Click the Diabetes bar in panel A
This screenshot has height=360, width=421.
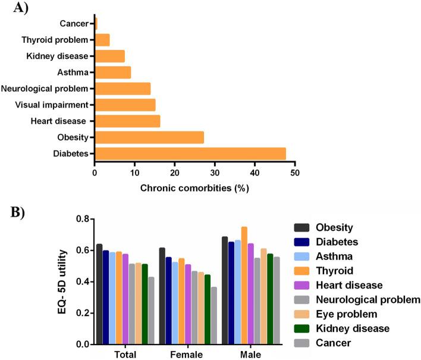click(x=190, y=154)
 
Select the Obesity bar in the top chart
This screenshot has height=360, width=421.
click(x=149, y=137)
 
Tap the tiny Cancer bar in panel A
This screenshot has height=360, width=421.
click(x=96, y=24)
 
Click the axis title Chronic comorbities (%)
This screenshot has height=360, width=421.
click(x=194, y=188)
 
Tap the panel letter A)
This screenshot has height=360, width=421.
click(x=13, y=8)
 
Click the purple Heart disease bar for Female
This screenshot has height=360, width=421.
click(x=188, y=304)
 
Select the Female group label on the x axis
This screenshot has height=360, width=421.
click(x=188, y=354)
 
